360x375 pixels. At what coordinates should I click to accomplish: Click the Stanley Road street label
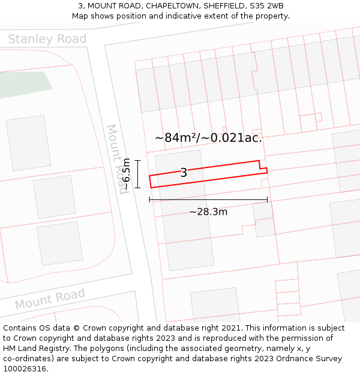pos(47,40)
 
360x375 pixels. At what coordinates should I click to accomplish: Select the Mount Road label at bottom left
pos(50,299)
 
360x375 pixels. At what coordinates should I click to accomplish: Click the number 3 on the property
pos(184,173)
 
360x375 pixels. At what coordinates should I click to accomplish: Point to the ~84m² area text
pos(175,137)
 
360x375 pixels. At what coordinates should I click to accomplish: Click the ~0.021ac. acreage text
pos(233,137)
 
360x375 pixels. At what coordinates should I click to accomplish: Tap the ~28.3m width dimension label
pos(208,212)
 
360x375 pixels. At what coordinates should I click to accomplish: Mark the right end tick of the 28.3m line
pos(268,200)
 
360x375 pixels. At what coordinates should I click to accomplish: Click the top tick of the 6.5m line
pos(137,160)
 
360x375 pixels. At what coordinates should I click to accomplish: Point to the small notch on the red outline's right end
pos(263,167)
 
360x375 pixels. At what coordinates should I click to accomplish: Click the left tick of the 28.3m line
pos(149,200)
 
